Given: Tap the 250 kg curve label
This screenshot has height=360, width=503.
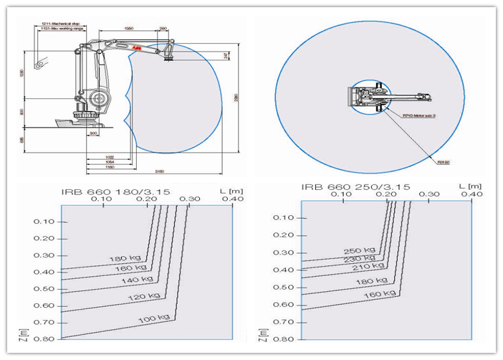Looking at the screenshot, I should coord(357,251).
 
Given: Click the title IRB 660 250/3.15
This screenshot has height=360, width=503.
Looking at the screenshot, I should coord(355,186).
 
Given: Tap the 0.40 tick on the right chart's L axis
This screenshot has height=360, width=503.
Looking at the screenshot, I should coord(471,194).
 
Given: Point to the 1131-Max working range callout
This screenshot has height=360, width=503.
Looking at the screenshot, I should coord(62,29).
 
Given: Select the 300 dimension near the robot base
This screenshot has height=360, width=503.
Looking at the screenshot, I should coord(93,133).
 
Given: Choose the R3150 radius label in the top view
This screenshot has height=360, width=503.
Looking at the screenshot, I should coord(443,162).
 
